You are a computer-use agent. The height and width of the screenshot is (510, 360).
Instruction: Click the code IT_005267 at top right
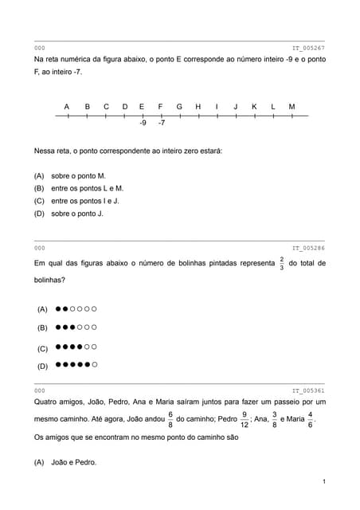coord(308,49)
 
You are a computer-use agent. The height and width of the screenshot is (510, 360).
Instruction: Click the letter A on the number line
coord(67,106)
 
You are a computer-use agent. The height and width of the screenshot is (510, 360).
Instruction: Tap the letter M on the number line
coord(292,106)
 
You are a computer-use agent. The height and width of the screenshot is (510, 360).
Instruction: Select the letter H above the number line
coord(198,106)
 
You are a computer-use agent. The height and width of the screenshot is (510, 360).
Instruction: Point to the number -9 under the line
coord(142,124)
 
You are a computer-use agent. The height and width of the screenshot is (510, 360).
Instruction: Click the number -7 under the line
coord(162,124)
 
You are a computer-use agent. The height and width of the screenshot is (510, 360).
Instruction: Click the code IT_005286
coord(308,248)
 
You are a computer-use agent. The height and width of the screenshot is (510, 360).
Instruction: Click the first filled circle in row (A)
coord(58,308)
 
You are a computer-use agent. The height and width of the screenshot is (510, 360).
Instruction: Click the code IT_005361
coord(308,390)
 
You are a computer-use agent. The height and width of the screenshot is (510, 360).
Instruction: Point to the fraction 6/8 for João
coord(170,419)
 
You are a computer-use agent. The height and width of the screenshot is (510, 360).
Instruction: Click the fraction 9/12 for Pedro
coord(244,419)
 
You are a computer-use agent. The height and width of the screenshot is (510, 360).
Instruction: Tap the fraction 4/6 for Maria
coord(310,419)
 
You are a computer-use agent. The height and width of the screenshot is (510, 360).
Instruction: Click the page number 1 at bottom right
coord(325,482)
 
